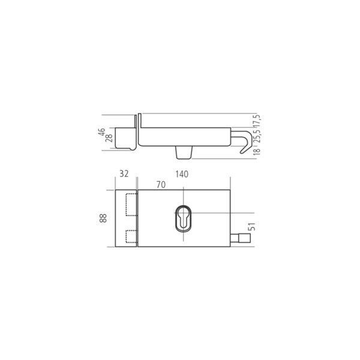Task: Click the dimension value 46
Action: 103,132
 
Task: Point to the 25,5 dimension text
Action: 257,138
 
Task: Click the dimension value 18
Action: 257,154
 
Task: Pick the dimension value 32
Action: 124,174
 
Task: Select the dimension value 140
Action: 182,174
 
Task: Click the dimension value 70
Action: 160,185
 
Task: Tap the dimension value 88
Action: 103,218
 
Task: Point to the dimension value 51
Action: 251,227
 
